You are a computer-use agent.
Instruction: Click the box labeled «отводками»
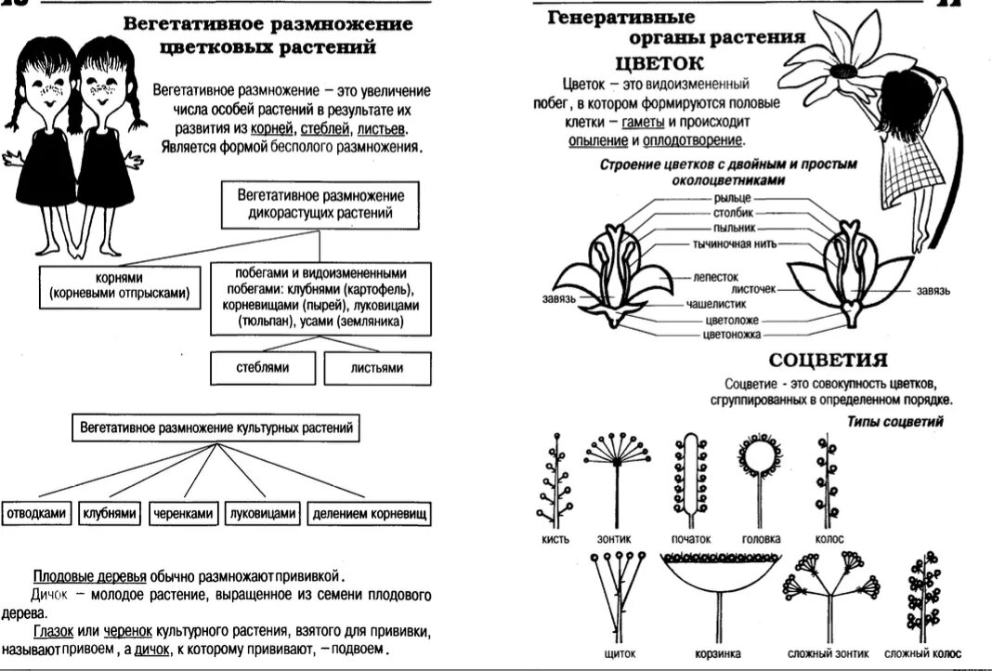tap(35, 513)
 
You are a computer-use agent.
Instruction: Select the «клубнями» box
tap(111, 513)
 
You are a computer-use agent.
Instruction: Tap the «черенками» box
tap(184, 513)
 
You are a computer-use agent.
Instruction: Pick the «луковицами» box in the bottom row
tap(263, 513)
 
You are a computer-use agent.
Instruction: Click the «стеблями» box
tap(263, 368)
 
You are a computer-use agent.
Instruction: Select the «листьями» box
tap(376, 368)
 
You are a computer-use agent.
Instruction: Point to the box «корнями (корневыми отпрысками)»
tap(119, 286)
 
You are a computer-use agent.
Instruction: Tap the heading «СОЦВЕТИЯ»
tap(829, 361)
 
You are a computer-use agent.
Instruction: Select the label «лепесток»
tap(714, 277)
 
